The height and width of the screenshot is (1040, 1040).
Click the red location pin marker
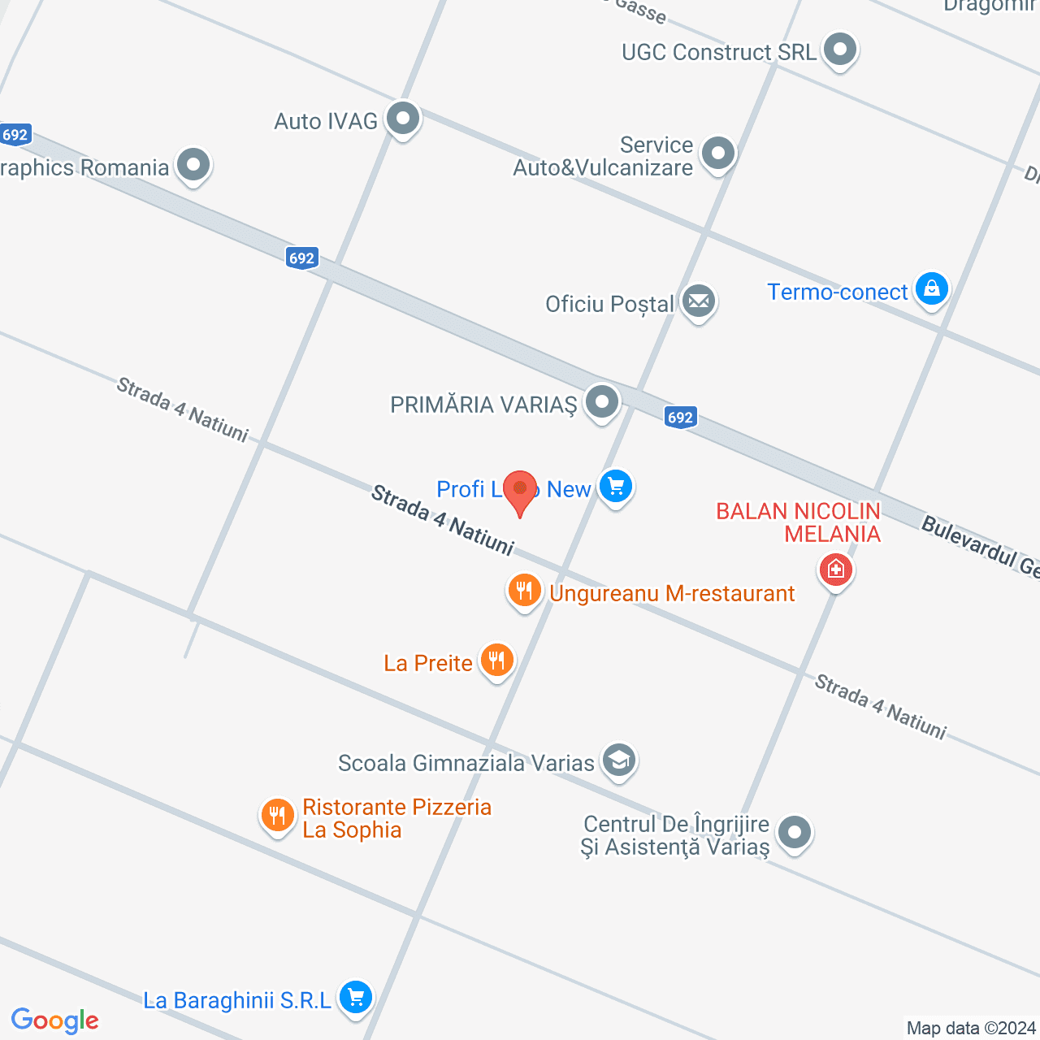tap(520, 490)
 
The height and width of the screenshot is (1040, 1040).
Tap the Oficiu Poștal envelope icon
tap(698, 302)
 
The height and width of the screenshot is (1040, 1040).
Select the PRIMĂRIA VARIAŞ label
tap(483, 405)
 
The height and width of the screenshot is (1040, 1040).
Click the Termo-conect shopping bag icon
tap(931, 289)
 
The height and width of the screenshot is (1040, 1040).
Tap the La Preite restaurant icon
tap(496, 660)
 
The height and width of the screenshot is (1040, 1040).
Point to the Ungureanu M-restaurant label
tap(672, 594)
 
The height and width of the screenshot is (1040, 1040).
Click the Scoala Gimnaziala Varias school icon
tap(619, 761)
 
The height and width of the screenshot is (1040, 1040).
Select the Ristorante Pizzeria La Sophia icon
tap(277, 815)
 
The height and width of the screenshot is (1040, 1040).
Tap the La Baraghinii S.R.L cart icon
tap(355, 997)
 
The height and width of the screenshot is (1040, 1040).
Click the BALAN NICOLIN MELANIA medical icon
tap(835, 570)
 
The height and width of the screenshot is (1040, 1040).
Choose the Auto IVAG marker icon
tap(402, 119)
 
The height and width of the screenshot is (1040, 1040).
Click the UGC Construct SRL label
tap(718, 53)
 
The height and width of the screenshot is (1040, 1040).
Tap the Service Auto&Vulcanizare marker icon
tap(718, 154)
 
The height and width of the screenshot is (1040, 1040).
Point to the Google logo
tap(55, 1020)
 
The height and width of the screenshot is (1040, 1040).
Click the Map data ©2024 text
tap(971, 1029)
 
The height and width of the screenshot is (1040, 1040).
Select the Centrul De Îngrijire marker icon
tap(794, 832)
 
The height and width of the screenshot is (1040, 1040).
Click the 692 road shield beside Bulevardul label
tap(680, 418)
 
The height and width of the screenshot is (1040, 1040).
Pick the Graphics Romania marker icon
tap(193, 166)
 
